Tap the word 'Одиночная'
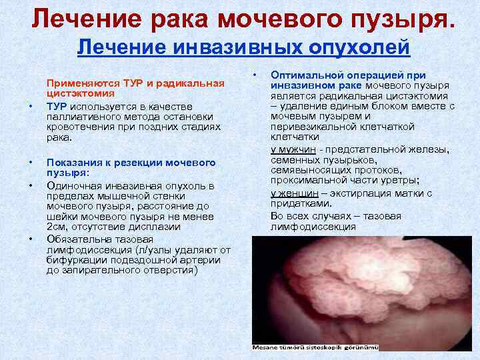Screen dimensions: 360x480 pos(72,185)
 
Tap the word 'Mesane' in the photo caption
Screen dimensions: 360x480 pos(267,347)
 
